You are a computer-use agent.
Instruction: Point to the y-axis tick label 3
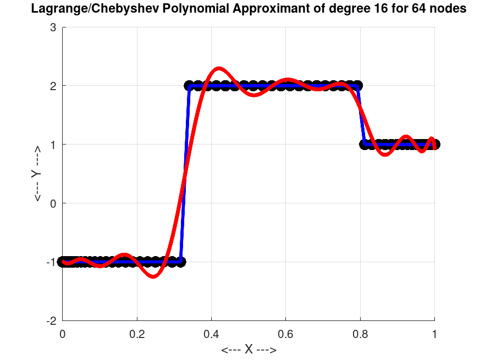pos(54,27)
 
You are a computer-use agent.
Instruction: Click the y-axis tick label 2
pos(54,86)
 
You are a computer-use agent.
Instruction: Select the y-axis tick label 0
pos(54,203)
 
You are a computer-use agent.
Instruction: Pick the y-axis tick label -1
pos(52,262)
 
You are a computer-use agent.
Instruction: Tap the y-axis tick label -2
pos(52,320)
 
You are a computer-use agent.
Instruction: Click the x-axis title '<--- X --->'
pos(249,350)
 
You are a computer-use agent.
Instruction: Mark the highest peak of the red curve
pos(219,69)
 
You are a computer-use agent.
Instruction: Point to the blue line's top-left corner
pos(189,86)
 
